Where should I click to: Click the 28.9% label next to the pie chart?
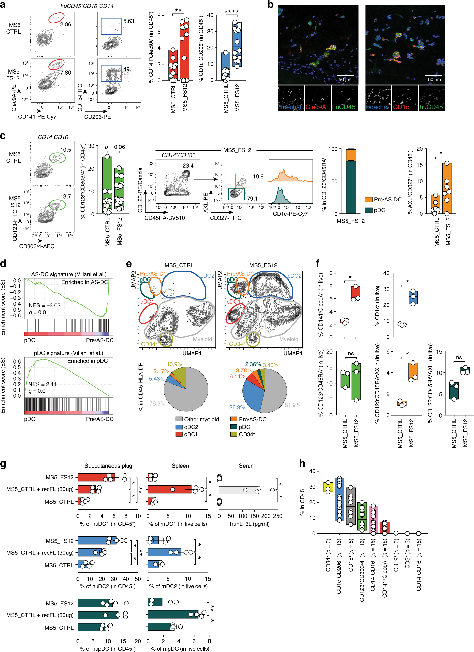[x=237, y=407]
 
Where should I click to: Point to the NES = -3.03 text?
[x=45, y=305]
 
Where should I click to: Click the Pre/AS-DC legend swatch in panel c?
[x=369, y=200]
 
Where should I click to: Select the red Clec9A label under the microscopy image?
[x=316, y=107]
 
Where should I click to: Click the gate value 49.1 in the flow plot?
[x=128, y=69]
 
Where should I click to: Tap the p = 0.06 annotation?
[x=115, y=147]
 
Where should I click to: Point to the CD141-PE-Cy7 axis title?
[x=37, y=116]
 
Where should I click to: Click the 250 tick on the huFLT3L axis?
[x=277, y=516]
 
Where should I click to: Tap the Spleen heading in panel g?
[x=180, y=466]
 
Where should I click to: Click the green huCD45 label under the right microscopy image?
[x=431, y=107]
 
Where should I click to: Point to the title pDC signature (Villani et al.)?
[x=68, y=353]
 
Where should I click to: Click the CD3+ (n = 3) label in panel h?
[x=407, y=557]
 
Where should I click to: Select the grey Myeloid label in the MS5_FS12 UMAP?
[x=289, y=339]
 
